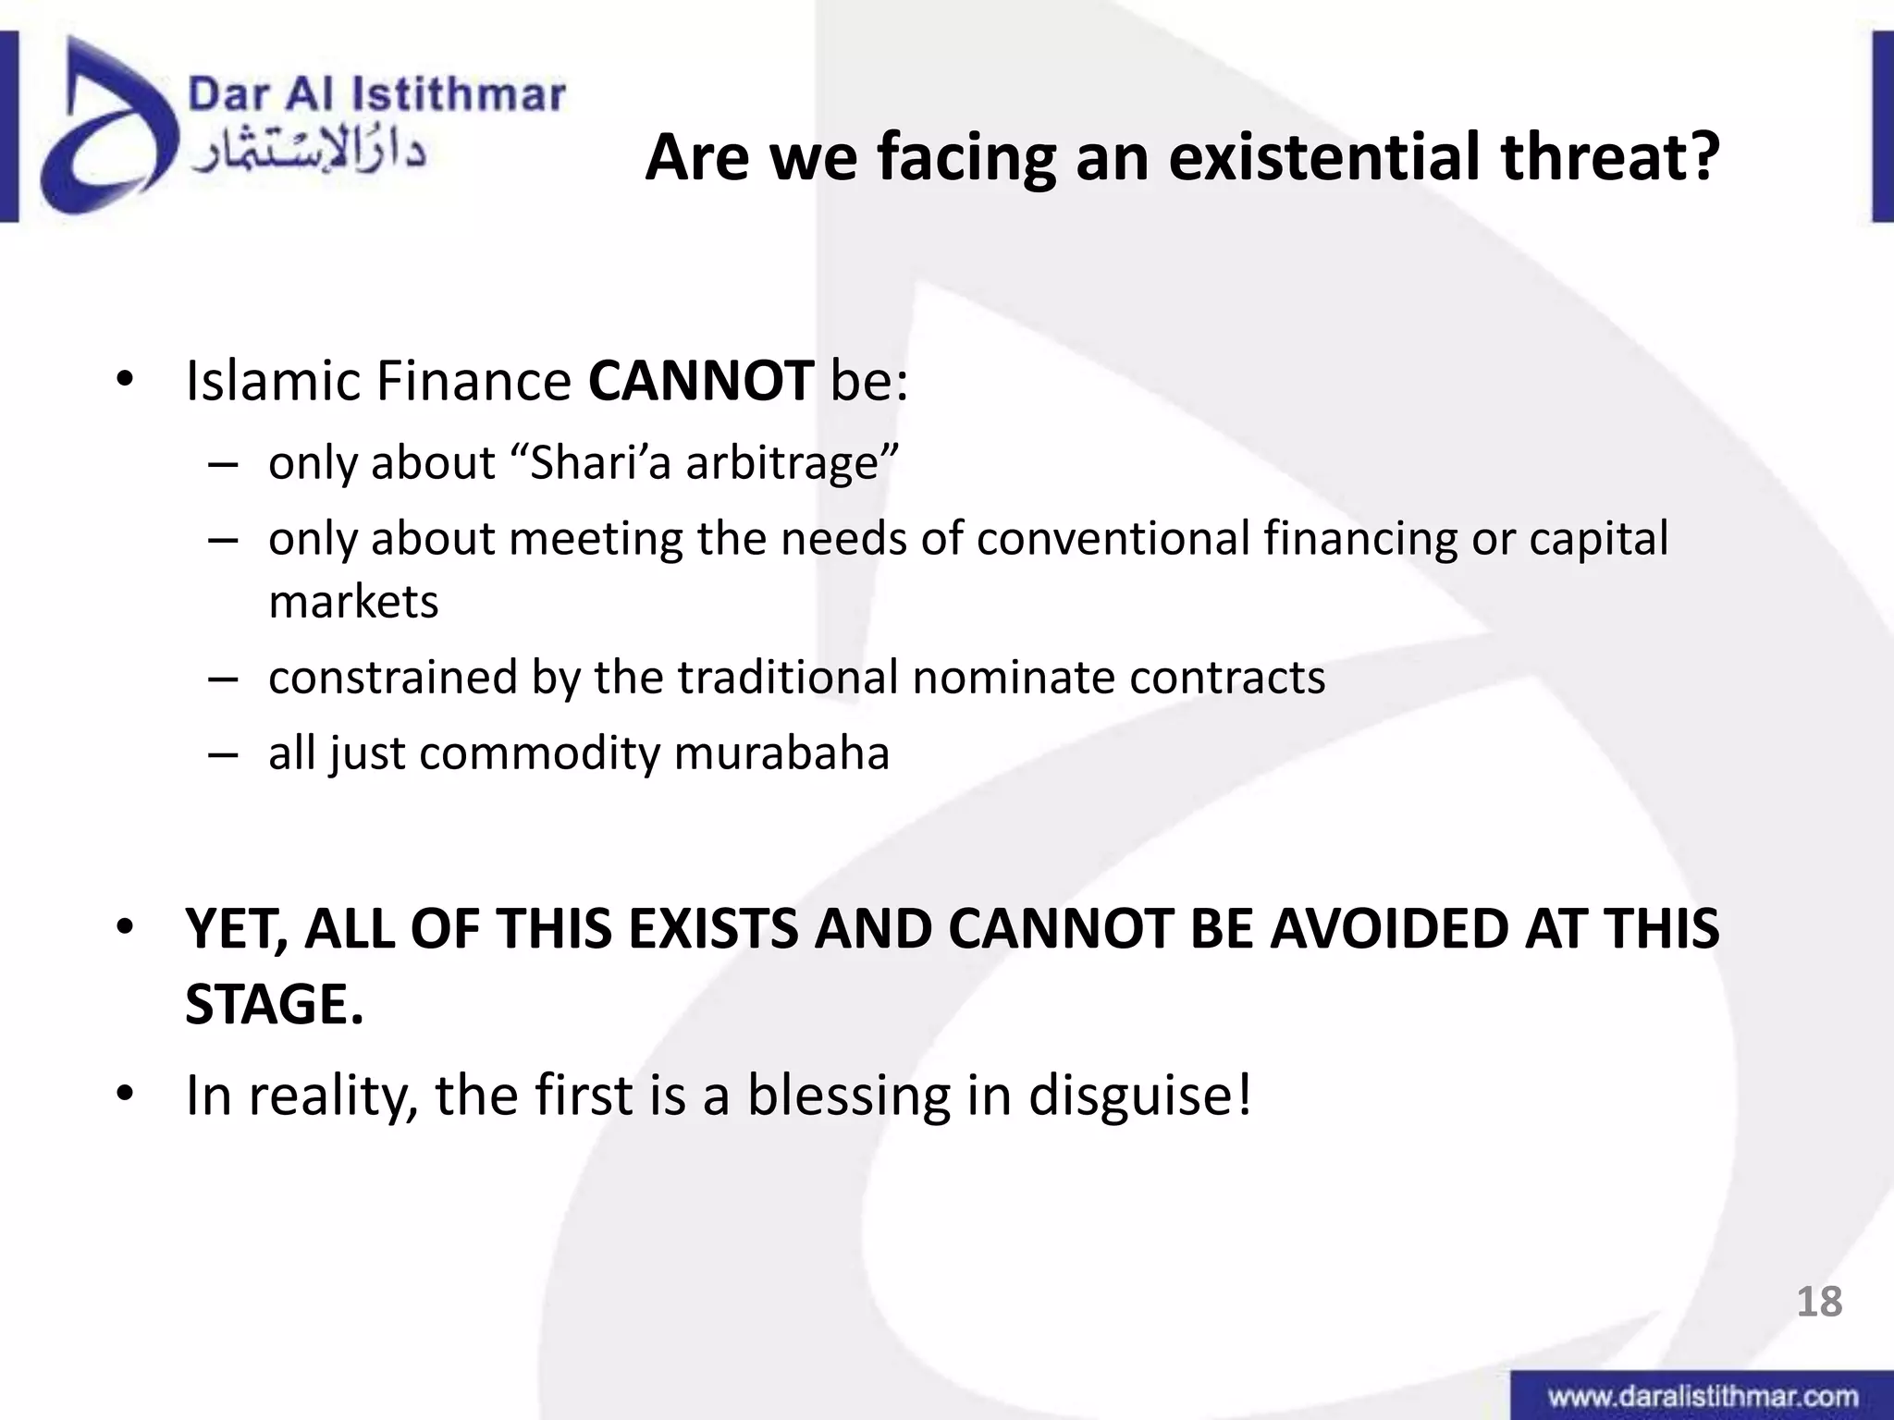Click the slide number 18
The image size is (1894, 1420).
point(1819,1302)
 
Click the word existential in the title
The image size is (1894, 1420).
point(1326,157)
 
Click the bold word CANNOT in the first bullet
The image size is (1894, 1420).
point(700,381)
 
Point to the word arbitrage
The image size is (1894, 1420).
point(792,462)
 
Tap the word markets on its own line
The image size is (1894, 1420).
point(353,602)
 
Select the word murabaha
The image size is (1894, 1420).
point(781,753)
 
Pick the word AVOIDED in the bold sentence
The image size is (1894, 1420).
point(1388,928)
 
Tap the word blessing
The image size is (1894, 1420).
point(848,1096)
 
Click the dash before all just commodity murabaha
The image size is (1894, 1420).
point(223,754)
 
